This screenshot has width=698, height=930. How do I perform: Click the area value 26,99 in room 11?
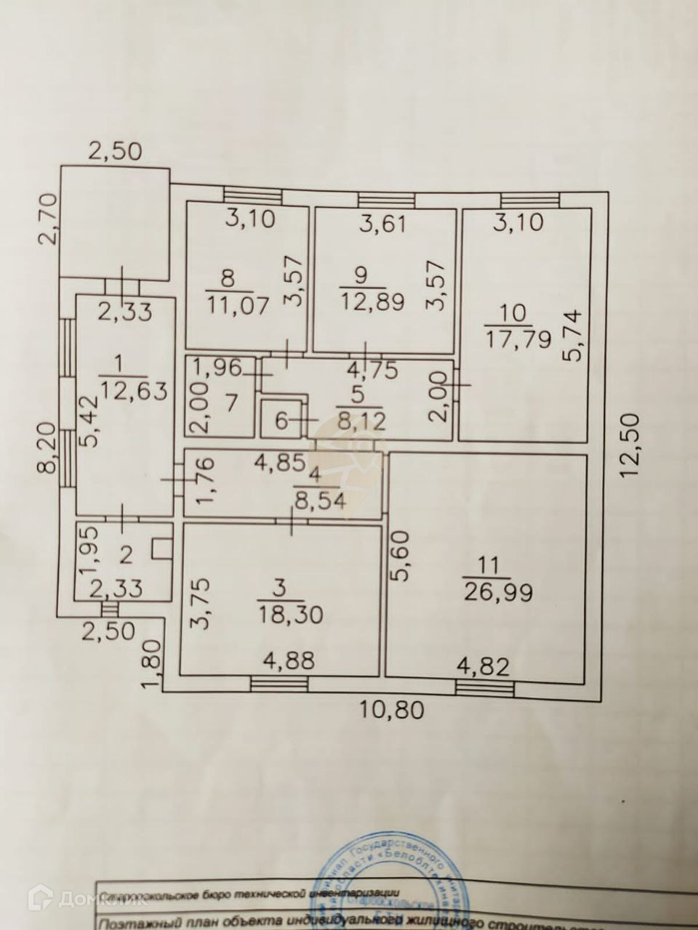[x=499, y=591]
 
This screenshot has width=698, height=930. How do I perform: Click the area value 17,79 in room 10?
[x=518, y=339]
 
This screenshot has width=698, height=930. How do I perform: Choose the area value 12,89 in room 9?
[x=373, y=302]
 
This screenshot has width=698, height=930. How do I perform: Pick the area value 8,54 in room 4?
[x=320, y=500]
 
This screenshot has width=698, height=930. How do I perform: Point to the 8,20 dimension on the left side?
[x=48, y=449]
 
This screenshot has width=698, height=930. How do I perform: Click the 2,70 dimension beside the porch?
[x=48, y=218]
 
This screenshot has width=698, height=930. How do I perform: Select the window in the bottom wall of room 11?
[x=485, y=687]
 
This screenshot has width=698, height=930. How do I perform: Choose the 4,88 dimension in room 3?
[x=289, y=660]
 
